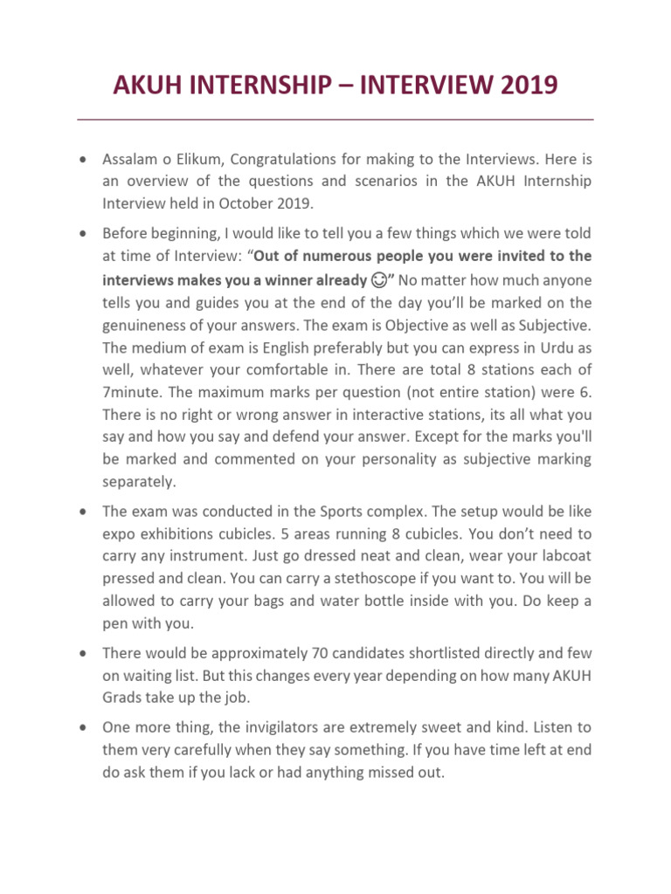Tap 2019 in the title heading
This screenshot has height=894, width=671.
tap(522, 86)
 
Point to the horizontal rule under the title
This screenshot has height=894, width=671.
tap(335, 119)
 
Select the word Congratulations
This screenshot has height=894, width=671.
tap(292, 161)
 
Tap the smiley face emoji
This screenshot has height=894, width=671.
tap(380, 280)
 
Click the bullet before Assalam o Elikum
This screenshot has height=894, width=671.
tap(82, 161)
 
